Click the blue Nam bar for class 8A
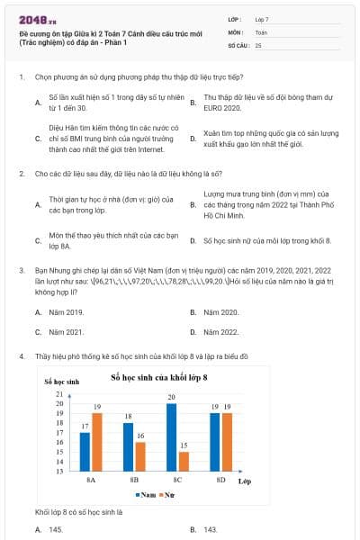pos(85,452)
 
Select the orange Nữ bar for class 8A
pos(96,442)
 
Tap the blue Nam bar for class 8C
pos(171,436)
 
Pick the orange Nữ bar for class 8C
pos(184,461)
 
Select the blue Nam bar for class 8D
pos(214,442)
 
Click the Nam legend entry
pos(147,495)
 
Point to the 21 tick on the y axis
pos(58,394)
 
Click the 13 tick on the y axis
pos(58,471)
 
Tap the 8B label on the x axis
pos(134,481)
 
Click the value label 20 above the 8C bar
pos(171,396)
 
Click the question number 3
pos(21,269)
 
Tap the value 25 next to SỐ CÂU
pos(259,44)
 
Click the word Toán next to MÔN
pos(262,31)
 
